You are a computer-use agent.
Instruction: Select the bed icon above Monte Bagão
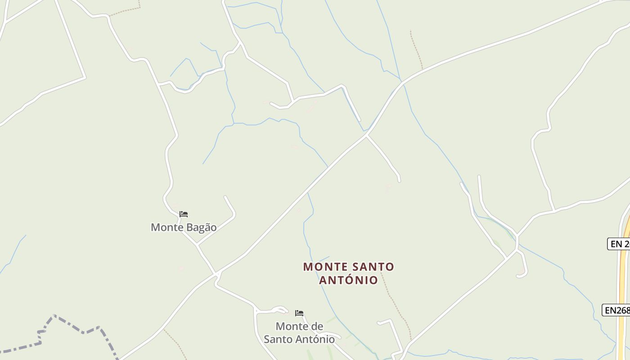pyautogui.click(x=184, y=214)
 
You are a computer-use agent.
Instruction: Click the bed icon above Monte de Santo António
pyautogui.click(x=299, y=313)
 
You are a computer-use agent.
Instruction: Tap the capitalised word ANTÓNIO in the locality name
pyautogui.click(x=349, y=280)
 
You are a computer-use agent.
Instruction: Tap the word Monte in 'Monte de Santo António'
pyautogui.click(x=292, y=326)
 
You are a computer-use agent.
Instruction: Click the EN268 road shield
pyautogui.click(x=616, y=310)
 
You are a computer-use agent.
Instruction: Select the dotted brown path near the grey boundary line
pyautogui.click(x=175, y=344)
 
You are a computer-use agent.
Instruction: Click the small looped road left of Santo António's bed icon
pyautogui.click(x=277, y=309)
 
